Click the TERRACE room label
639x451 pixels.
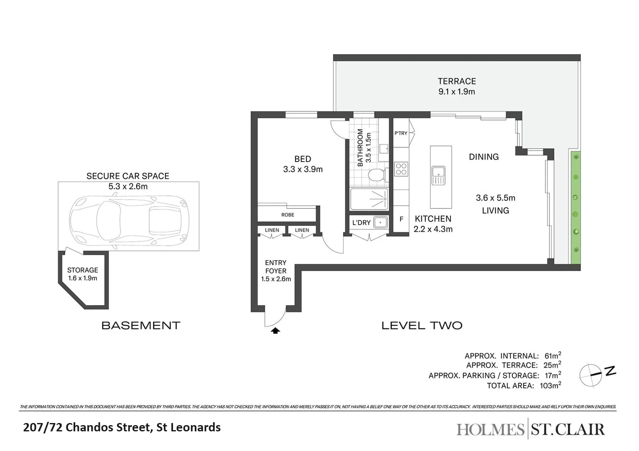[456, 81]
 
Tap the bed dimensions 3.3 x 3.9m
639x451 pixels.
[303, 170]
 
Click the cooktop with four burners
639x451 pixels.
[401, 169]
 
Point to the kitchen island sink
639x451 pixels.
[438, 175]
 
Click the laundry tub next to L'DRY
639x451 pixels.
[380, 222]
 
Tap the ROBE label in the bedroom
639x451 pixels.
[288, 215]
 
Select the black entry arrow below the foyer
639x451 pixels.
[275, 331]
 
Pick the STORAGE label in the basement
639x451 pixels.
[82, 270]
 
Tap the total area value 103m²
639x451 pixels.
[550, 385]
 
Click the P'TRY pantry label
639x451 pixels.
[400, 133]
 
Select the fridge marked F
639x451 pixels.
[401, 219]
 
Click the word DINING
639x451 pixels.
[484, 157]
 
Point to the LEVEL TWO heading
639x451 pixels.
[422, 326]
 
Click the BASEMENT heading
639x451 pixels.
[141, 326]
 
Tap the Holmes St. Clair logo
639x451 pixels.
[530, 429]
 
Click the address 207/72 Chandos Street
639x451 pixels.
[122, 428]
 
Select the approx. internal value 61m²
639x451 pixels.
[552, 356]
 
